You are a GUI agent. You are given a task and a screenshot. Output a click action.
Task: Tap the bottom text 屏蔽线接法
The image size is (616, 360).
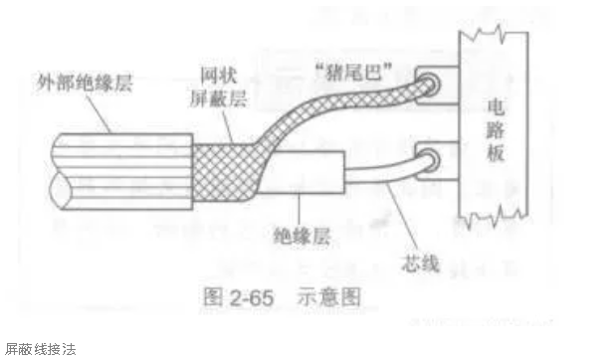[40, 348]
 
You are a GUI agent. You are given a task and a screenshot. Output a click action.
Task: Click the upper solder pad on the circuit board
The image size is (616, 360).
[429, 86]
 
